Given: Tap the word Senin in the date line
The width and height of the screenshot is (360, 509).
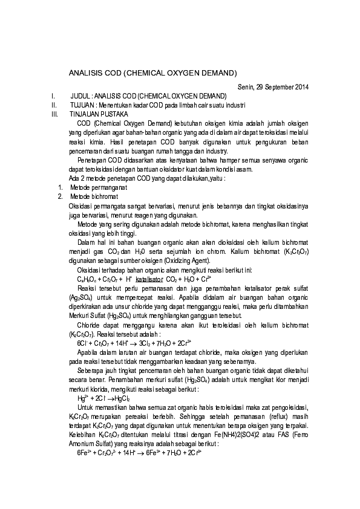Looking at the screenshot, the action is coord(245,87).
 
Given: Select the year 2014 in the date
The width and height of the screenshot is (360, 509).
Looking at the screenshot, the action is coord(302,87).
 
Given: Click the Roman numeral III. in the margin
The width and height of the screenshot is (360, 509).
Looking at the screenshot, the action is coord(56,113).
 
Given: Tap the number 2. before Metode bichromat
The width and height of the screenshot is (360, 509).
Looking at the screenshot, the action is coord(60,196).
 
